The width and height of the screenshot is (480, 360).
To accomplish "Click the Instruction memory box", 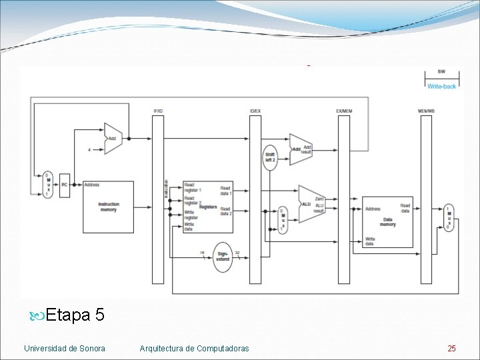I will [108, 207].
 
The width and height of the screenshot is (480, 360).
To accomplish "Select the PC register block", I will [65, 185].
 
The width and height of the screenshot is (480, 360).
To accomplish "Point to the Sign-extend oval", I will [223, 257].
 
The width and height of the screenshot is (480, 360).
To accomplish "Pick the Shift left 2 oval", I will [270, 157].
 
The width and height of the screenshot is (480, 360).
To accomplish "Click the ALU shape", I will [311, 204].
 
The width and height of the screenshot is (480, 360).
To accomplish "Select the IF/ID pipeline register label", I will [158, 110].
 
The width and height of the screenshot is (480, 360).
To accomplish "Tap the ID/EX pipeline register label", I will [255, 110].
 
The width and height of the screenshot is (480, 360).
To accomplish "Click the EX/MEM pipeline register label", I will [344, 110].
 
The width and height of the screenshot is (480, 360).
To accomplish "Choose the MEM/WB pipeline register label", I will [426, 110].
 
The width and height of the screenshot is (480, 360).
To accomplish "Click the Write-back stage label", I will [441, 87].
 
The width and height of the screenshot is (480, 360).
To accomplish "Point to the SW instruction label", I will [441, 72].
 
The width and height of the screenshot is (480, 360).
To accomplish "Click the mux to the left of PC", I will [48, 184].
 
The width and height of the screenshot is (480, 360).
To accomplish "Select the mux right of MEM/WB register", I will [449, 217].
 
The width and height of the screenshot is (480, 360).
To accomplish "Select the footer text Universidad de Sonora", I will [64, 348].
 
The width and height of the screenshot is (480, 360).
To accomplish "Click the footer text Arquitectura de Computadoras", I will [194, 348].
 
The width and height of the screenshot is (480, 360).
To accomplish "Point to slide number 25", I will [452, 348].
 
